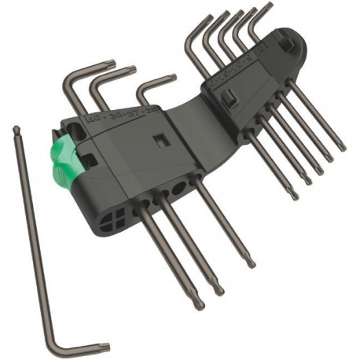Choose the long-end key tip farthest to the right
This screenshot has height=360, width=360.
[x=341, y=146]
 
